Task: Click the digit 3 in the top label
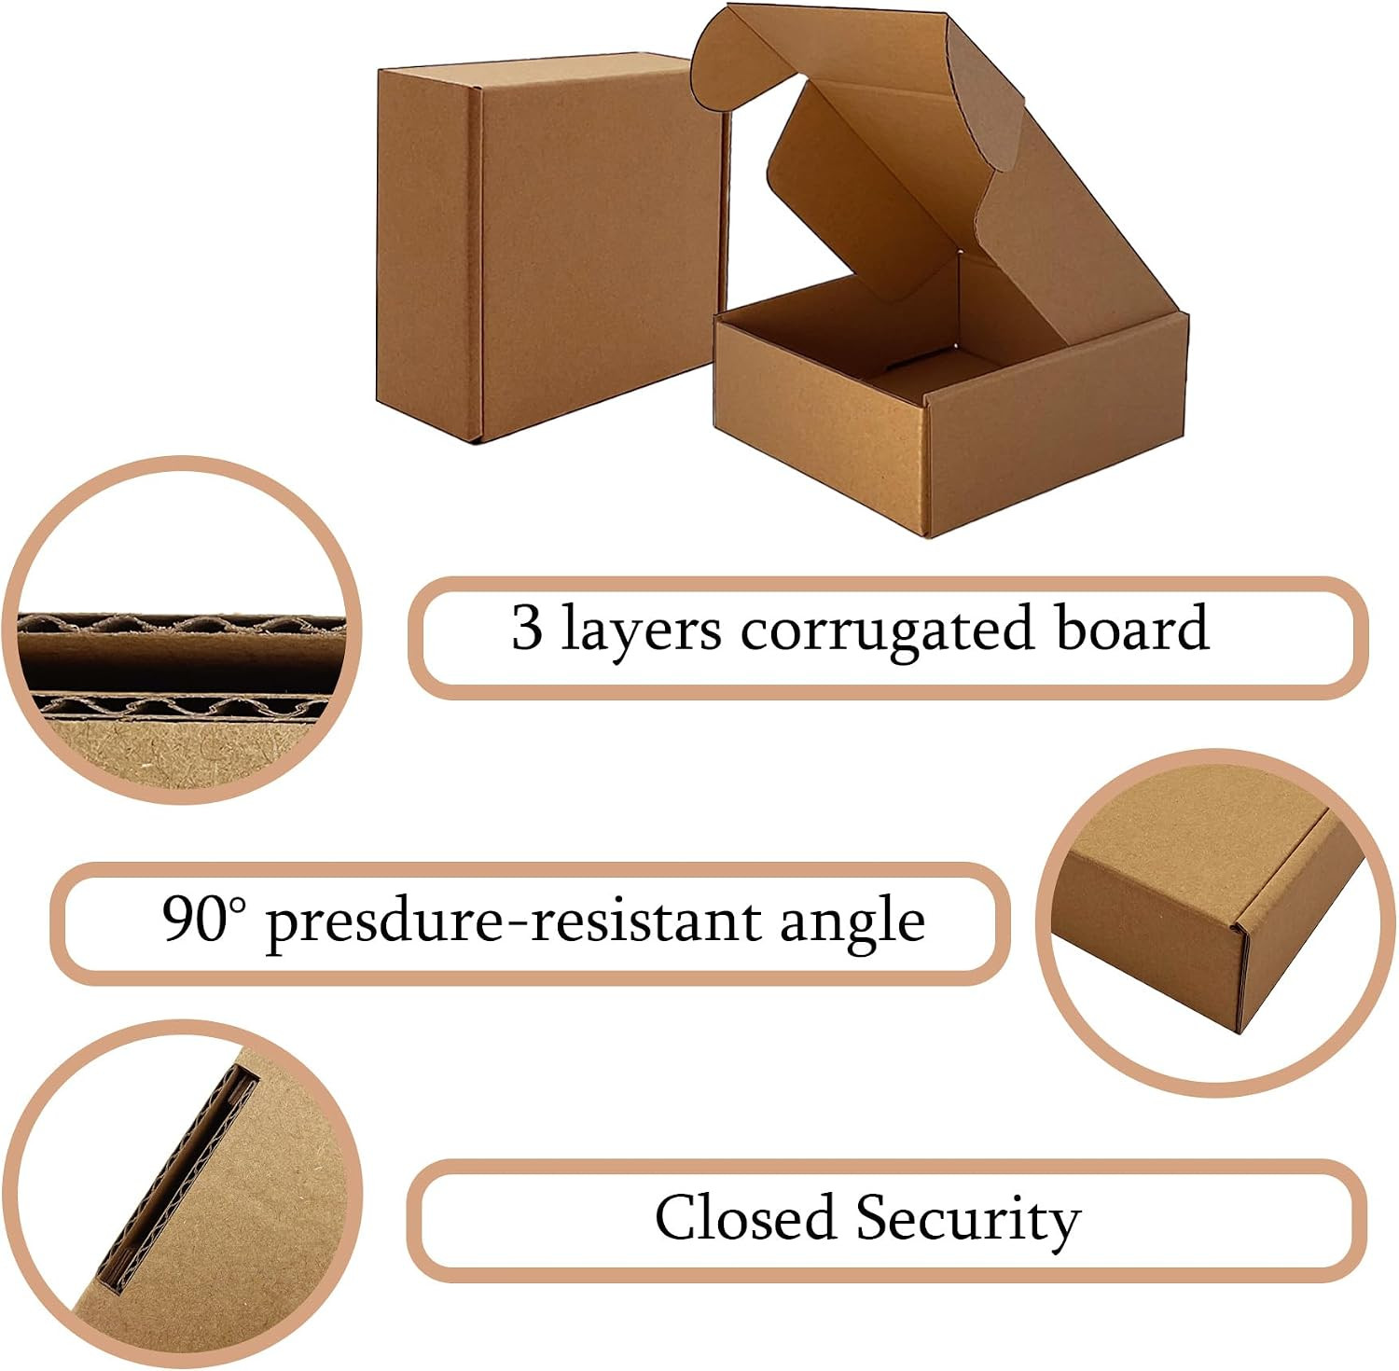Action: (527, 628)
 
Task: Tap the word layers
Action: (642, 630)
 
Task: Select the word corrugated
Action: (887, 631)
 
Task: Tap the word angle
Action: (852, 922)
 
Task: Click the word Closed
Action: (743, 1217)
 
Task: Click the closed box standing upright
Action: (550, 247)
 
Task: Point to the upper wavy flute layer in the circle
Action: (181, 624)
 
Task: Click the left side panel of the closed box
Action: (429, 252)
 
